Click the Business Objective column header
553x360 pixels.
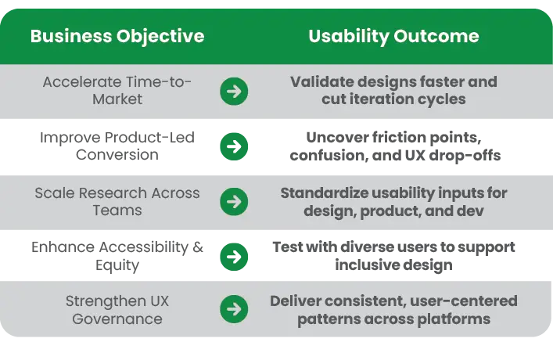click(x=117, y=37)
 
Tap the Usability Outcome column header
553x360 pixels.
click(x=393, y=37)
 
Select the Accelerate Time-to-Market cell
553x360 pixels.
click(x=117, y=90)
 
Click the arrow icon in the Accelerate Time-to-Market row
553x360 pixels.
click(x=234, y=92)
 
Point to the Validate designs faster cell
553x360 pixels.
click(x=393, y=90)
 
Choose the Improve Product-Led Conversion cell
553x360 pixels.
click(x=117, y=146)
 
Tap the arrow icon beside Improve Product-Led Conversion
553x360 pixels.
click(x=234, y=146)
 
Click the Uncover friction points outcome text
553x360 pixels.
click(x=395, y=146)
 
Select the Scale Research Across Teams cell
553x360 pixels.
click(x=117, y=202)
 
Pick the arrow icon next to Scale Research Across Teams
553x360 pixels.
click(x=234, y=202)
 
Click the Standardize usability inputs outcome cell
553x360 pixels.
click(x=393, y=202)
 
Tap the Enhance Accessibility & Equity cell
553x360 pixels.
click(x=117, y=256)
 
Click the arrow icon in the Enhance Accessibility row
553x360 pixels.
click(x=234, y=257)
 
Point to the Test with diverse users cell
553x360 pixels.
click(x=393, y=256)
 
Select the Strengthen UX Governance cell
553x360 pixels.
click(x=117, y=310)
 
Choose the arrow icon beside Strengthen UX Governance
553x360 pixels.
click(x=234, y=309)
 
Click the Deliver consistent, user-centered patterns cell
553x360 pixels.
click(x=393, y=310)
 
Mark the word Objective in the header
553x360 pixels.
click(x=160, y=37)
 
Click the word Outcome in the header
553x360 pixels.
click(x=436, y=36)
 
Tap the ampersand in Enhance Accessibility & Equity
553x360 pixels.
click(x=198, y=247)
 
